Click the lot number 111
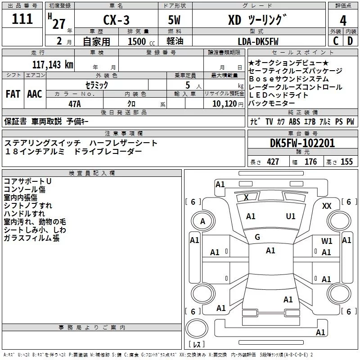pyautogui.click(x=22, y=19)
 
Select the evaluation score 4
pyautogui.click(x=343, y=20)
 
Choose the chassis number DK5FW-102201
pyautogui.click(x=302, y=144)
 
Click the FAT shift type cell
pyautogui.click(x=13, y=94)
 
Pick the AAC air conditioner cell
pyautogui.click(x=35, y=94)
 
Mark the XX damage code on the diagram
pyautogui.click(x=327, y=206)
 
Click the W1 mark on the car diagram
pyautogui.click(x=327, y=241)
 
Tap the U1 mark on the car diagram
pyautogui.click(x=291, y=216)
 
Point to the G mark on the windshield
pyautogui.click(x=257, y=237)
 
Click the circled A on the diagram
pyautogui.click(x=202, y=221)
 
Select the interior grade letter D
pyautogui.click(x=350, y=42)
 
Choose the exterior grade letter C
pyautogui.click(x=336, y=42)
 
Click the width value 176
pyautogui.click(x=310, y=162)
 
